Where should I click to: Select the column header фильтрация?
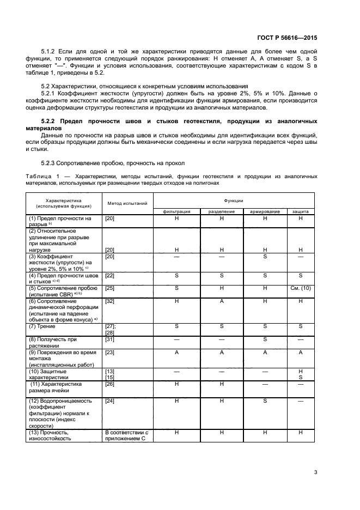click(177, 211)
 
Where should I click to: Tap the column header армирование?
click(265, 211)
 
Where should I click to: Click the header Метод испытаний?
click(127, 203)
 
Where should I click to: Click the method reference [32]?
click(109, 300)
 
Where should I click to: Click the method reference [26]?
click(109, 384)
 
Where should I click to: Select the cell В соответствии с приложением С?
click(126, 435)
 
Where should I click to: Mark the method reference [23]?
click(109, 352)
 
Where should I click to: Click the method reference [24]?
click(109, 400)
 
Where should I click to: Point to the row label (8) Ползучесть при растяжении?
click(53, 342)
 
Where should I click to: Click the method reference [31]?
click(109, 339)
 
